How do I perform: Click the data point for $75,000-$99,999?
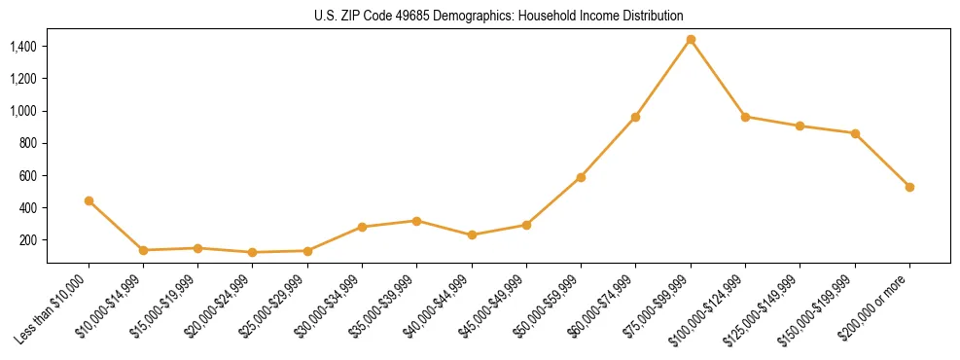pyautogui.click(x=691, y=40)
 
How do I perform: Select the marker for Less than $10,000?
pyautogui.click(x=89, y=200)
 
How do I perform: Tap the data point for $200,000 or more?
pyautogui.click(x=909, y=187)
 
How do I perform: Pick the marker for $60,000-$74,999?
pyautogui.click(x=635, y=118)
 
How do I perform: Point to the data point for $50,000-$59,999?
pyautogui.click(x=581, y=177)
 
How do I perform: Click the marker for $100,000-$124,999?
pyautogui.click(x=745, y=117)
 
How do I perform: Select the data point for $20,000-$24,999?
pyautogui.click(x=253, y=252)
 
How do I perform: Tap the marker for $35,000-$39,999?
pyautogui.click(x=416, y=221)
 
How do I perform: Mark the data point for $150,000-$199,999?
pyautogui.click(x=855, y=133)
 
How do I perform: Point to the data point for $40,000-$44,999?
pyautogui.click(x=472, y=234)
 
